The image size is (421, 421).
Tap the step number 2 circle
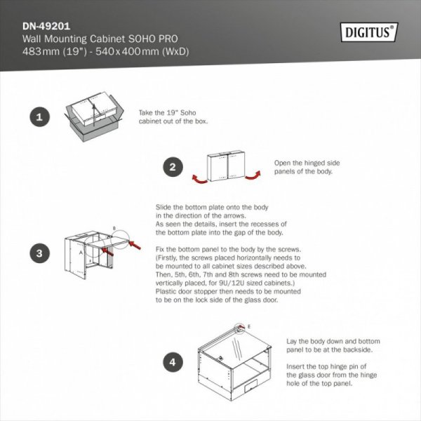(172, 168)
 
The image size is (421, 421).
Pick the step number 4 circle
(172, 362)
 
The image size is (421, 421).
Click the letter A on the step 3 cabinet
(81, 250)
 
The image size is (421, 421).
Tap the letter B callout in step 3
(114, 229)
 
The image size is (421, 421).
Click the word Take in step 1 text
(147, 112)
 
